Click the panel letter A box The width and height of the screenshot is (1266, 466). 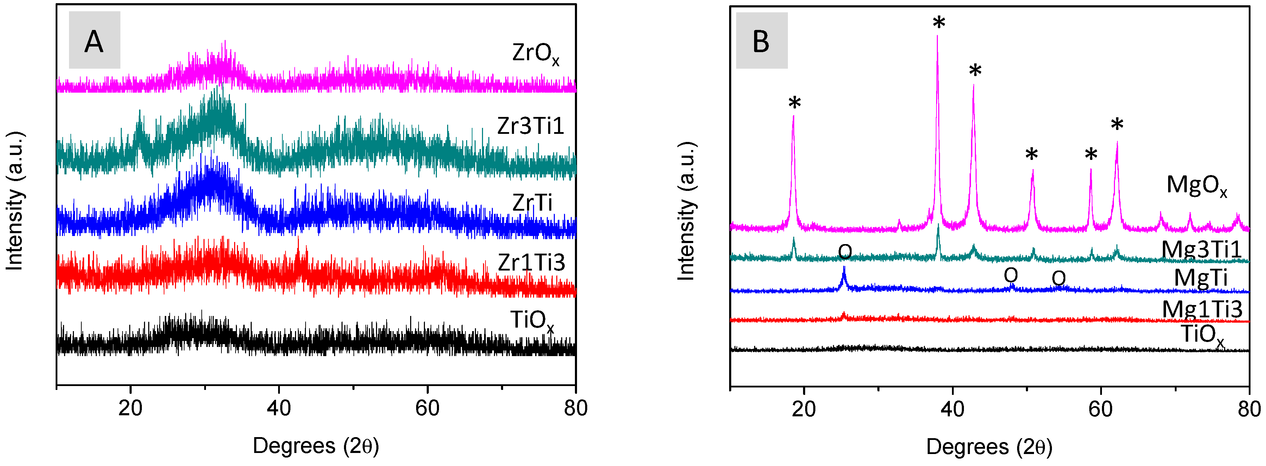click(94, 40)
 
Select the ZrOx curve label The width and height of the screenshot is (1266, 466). click(535, 53)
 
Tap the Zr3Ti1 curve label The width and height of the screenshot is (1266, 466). click(530, 126)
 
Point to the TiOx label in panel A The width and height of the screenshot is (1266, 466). click(532, 321)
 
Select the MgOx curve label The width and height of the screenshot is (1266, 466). click(1196, 186)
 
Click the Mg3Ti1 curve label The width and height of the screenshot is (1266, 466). click(1201, 250)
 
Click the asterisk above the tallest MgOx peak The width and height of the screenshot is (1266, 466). click(939, 23)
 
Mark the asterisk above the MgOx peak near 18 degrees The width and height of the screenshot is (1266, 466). click(794, 104)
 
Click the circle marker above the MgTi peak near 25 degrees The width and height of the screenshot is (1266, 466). click(845, 252)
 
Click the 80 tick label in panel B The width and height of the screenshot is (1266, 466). click(1249, 409)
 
